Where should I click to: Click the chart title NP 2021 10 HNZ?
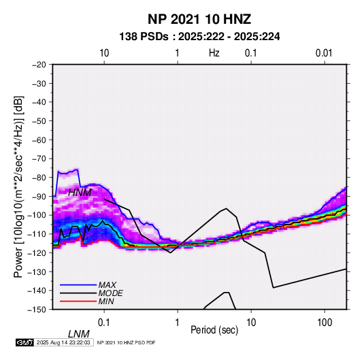tap(199, 19)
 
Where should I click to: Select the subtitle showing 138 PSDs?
tap(199, 37)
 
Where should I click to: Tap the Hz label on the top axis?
tap(214, 53)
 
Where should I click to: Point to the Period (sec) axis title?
tap(214, 330)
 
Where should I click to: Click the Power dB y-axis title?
tap(18, 186)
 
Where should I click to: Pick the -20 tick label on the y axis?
tap(39, 65)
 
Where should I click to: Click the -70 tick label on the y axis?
tap(39, 159)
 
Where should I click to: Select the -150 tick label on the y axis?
tap(37, 310)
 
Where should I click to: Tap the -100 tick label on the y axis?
tap(37, 215)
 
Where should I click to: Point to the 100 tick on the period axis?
tap(325, 323)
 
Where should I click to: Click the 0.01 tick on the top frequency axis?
tap(324, 53)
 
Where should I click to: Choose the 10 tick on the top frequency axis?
tap(104, 53)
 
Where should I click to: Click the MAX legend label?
tap(107, 285)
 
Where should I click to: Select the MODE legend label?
tap(110, 293)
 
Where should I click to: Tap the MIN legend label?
tap(106, 301)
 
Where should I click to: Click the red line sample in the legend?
tap(78, 301)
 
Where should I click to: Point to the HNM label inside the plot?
tap(80, 193)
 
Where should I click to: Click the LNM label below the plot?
tap(78, 334)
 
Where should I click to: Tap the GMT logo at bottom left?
tap(24, 342)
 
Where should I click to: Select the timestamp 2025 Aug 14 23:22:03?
tap(63, 342)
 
